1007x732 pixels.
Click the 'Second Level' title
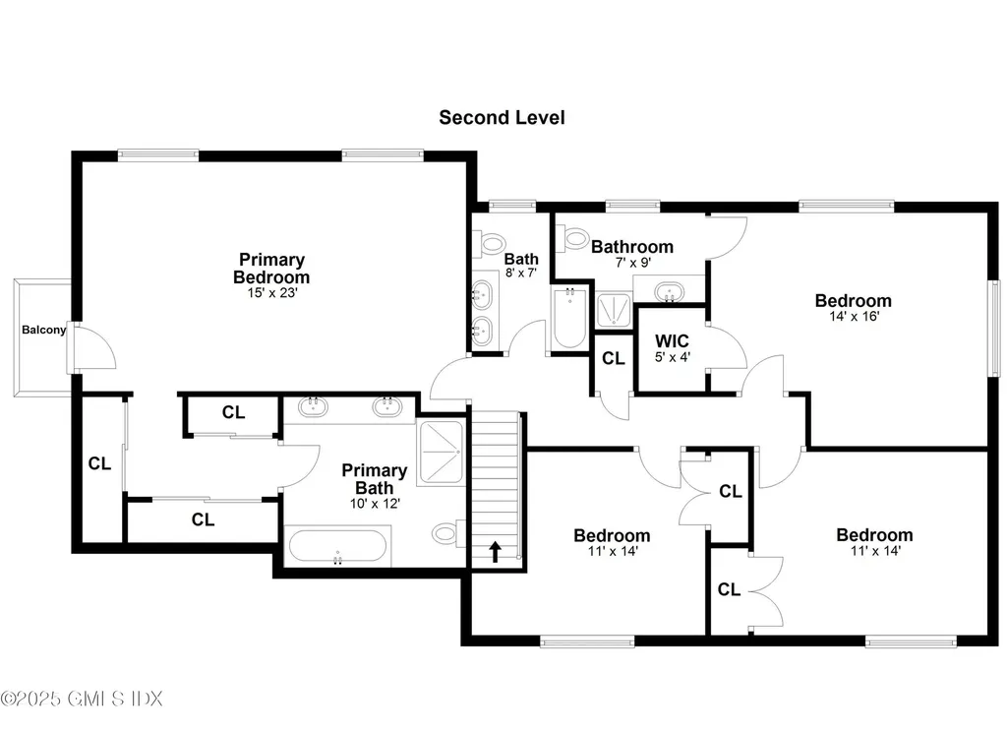pyautogui.click(x=502, y=118)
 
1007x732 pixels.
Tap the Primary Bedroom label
pyautogui.click(x=270, y=268)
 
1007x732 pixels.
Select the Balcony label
pyautogui.click(x=44, y=330)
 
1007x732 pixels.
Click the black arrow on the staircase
pyautogui.click(x=494, y=552)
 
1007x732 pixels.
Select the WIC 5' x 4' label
pyautogui.click(x=673, y=348)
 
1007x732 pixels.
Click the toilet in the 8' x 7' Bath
pyautogui.click(x=489, y=242)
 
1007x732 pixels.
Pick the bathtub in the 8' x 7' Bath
pyautogui.click(x=568, y=317)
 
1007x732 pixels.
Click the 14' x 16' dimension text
pyautogui.click(x=853, y=317)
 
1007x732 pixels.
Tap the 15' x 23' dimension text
pyautogui.click(x=270, y=292)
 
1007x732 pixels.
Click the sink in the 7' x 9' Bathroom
pyautogui.click(x=669, y=291)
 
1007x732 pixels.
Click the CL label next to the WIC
pyautogui.click(x=613, y=359)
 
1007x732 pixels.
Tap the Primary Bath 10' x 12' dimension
pyautogui.click(x=374, y=503)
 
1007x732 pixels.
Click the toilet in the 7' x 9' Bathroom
pyautogui.click(x=570, y=237)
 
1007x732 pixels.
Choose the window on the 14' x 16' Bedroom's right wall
pyautogui.click(x=994, y=326)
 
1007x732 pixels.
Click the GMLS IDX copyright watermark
pyautogui.click(x=82, y=699)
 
